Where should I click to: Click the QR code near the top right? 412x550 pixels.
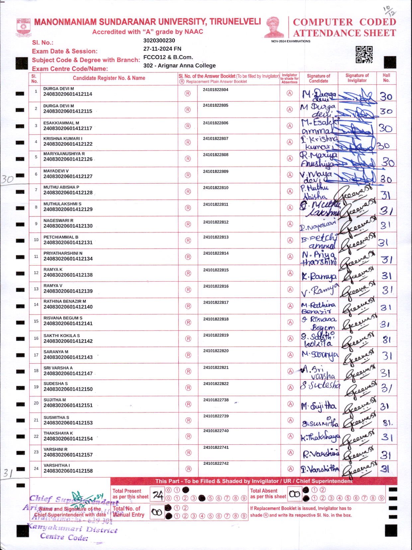pos(364,54)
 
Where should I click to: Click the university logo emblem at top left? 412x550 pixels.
pos(23,28)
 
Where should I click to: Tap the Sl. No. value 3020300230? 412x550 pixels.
pos(159,41)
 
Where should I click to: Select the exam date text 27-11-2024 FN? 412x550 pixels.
pos(162,48)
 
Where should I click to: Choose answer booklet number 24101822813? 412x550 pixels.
pos(216,237)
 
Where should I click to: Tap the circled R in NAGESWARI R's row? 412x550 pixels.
pos(188,224)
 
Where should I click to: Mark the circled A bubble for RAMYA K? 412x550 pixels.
pos(290,273)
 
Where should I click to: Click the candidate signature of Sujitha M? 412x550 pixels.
pos(319,406)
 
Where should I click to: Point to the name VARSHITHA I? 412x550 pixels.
pos(57,465)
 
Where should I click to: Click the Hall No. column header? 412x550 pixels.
pos(386,78)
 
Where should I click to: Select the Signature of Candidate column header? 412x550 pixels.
pos(318,78)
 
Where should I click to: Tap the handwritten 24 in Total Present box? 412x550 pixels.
pos(158,495)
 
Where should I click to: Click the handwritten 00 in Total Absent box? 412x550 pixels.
pos(294,494)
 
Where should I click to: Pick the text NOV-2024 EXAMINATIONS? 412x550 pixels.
pos(291,41)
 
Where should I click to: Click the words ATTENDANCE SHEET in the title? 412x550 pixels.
pos(345,33)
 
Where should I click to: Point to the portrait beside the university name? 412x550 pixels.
pos(274,27)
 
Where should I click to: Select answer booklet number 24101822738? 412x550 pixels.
pos(216,400)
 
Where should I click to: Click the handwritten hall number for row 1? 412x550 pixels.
pos(386,96)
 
